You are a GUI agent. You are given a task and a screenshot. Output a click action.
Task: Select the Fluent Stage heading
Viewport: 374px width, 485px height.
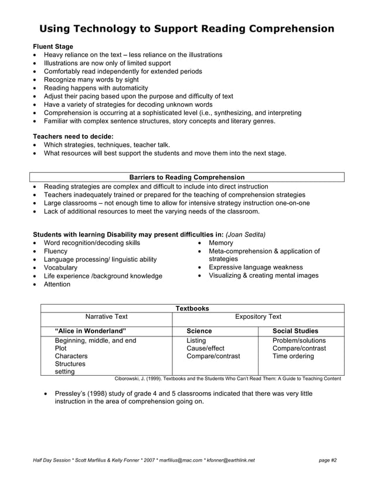(53, 46)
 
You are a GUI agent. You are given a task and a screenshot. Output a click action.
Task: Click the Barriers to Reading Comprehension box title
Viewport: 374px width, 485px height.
(186, 177)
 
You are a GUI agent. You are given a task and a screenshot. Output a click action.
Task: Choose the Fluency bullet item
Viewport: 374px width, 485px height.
(56, 251)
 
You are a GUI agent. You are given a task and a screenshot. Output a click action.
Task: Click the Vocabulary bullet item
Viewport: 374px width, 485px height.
(60, 268)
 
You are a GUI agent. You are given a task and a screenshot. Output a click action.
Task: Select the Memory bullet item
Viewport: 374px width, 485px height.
(221, 242)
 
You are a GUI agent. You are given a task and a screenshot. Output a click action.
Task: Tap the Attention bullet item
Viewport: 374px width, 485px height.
(57, 284)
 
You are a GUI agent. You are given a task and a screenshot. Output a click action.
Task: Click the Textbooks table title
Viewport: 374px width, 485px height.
(192, 308)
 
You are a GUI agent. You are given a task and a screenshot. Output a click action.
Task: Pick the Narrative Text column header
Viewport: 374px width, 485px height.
(106, 317)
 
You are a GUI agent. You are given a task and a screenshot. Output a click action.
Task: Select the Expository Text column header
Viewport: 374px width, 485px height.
(258, 317)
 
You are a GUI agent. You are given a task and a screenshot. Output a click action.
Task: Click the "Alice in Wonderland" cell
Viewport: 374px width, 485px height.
(90, 331)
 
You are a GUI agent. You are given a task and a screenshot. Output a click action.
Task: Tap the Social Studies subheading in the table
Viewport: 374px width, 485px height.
(295, 331)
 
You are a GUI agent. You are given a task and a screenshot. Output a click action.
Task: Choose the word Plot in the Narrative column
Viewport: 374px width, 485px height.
(61, 348)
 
